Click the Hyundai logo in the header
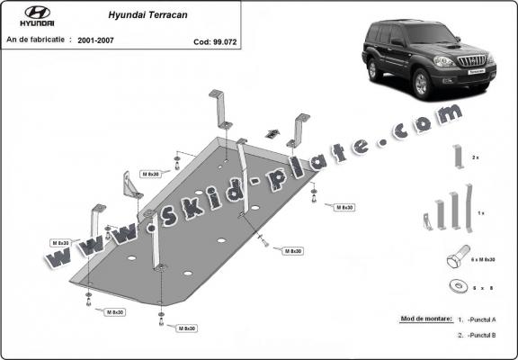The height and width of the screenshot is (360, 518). click(x=36, y=17)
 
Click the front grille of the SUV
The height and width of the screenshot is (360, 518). click(x=472, y=61)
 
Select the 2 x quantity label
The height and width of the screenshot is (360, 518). click(x=476, y=157)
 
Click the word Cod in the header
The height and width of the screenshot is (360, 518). click(x=201, y=41)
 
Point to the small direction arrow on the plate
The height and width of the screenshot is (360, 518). click(x=271, y=134)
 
